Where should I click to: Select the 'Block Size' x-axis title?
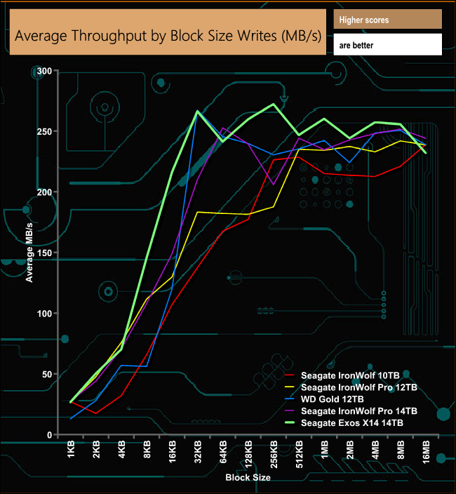pyautogui.click(x=248, y=477)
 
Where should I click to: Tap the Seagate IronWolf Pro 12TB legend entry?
pyautogui.click(x=358, y=387)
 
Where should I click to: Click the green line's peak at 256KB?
pyautogui.click(x=274, y=105)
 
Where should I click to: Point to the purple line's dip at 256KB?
pyautogui.click(x=274, y=185)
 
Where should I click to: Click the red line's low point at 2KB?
pyautogui.click(x=97, y=413)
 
